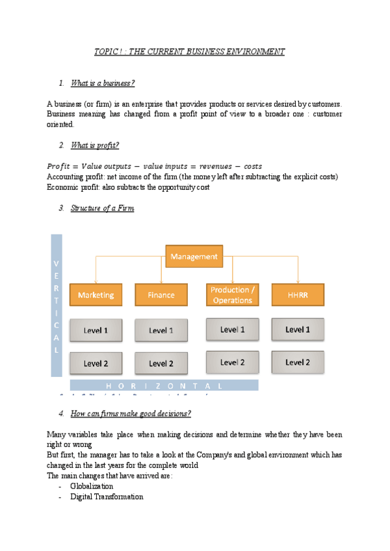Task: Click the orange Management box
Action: [194, 257]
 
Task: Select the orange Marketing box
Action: [96, 294]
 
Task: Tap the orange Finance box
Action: [161, 294]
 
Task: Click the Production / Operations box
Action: [232, 294]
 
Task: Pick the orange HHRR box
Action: [298, 294]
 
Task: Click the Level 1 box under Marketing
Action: [96, 331]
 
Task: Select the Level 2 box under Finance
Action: [161, 363]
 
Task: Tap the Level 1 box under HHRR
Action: [298, 329]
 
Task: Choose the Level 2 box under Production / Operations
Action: [232, 362]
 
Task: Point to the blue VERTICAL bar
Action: [57, 305]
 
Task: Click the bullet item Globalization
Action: [92, 486]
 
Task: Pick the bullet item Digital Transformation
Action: [107, 497]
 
